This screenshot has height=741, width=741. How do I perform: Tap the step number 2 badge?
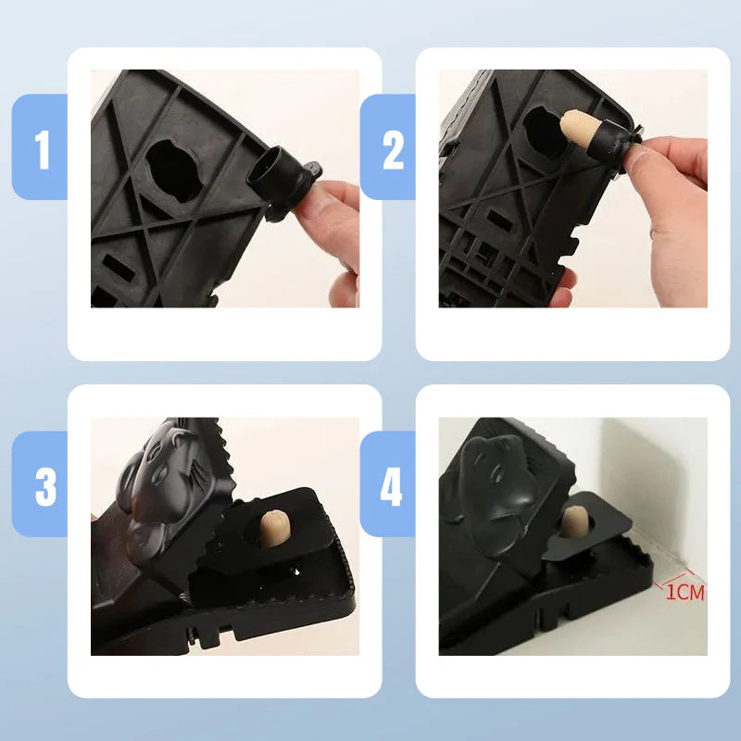[x=392, y=149]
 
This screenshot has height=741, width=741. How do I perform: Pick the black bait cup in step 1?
[x=277, y=177]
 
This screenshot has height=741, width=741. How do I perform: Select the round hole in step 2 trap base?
[x=541, y=130]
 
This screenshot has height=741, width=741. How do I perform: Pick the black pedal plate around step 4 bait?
[x=584, y=556]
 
